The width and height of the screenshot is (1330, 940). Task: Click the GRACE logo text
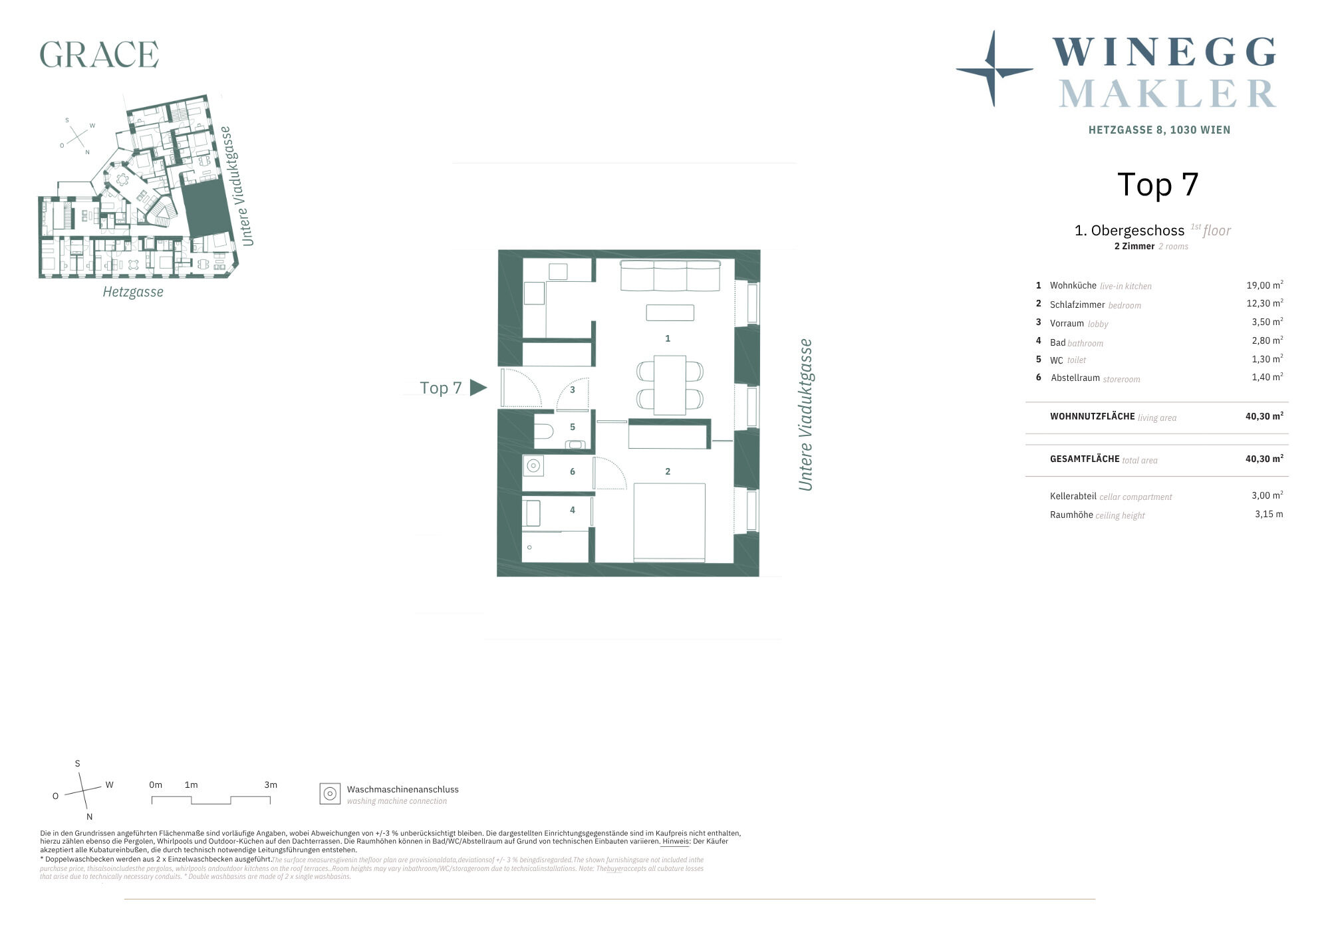(x=99, y=55)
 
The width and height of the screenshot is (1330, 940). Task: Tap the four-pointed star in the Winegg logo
(x=994, y=68)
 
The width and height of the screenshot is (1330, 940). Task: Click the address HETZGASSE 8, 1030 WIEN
(x=1159, y=130)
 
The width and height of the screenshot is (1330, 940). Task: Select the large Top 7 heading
(x=1158, y=184)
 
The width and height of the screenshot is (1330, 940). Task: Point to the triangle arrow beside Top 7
(x=478, y=388)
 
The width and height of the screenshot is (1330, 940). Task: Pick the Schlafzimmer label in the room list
(x=1077, y=304)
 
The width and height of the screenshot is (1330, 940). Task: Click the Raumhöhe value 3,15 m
(x=1269, y=514)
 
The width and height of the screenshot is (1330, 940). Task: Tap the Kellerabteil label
(x=1073, y=496)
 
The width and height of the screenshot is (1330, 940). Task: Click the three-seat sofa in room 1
(x=670, y=275)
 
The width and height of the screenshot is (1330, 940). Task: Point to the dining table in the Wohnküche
(x=670, y=385)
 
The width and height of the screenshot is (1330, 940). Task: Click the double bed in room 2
(x=669, y=523)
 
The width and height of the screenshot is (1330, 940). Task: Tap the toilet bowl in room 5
(x=544, y=431)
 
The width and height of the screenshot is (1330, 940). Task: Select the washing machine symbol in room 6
(x=533, y=466)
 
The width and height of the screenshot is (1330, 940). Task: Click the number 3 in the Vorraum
(x=573, y=390)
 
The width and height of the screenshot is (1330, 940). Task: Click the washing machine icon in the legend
(x=330, y=794)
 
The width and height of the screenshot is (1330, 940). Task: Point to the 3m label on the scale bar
(x=271, y=784)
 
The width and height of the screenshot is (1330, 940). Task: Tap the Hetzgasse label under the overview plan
(x=133, y=292)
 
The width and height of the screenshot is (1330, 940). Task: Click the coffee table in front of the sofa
(x=670, y=312)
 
